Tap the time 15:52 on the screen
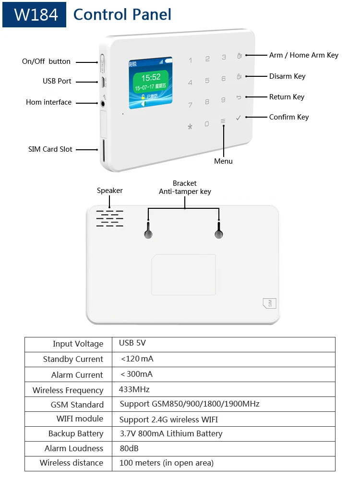(150, 77)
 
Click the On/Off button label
(46, 61)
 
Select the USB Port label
(57, 81)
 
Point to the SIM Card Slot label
(50, 149)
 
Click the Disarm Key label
(287, 76)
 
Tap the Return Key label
(287, 97)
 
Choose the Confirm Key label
(288, 117)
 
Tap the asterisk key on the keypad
(190, 127)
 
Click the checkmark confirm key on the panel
(239, 118)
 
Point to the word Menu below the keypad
(223, 161)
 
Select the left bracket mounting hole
(148, 234)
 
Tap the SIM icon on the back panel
(270, 303)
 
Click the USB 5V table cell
(132, 343)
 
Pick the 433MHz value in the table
(134, 389)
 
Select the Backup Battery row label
(76, 433)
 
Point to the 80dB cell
(129, 448)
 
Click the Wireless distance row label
(72, 463)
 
